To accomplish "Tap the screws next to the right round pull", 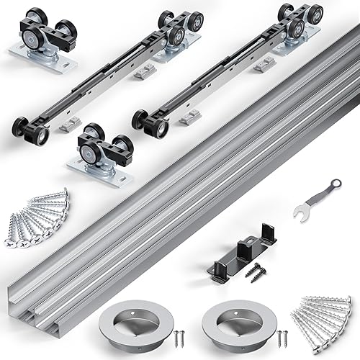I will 282,336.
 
